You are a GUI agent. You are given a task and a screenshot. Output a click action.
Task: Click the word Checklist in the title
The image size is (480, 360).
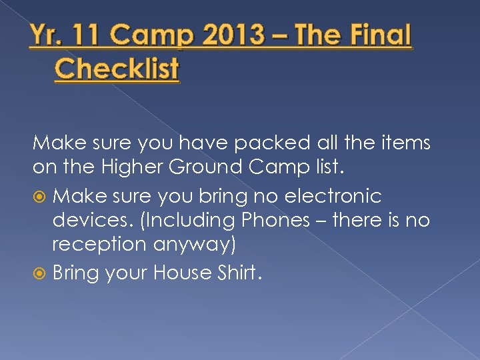coord(117,69)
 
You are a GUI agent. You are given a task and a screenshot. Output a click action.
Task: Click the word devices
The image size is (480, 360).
coord(91,221)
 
